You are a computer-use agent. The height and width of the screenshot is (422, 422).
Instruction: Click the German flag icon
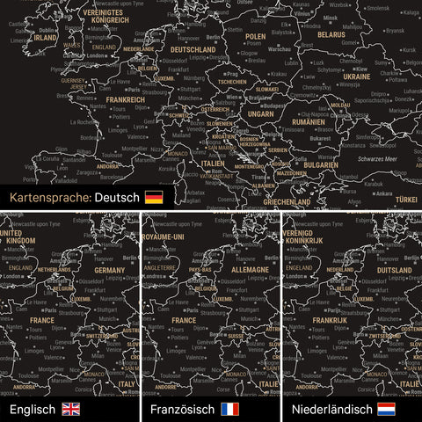point(154,198)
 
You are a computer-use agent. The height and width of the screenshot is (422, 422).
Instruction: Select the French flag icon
point(230,409)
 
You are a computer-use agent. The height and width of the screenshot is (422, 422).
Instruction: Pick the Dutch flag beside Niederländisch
point(386,409)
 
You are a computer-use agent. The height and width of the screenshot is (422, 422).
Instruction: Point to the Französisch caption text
point(183,409)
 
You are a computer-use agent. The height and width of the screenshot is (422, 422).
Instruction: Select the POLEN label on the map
point(255,38)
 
